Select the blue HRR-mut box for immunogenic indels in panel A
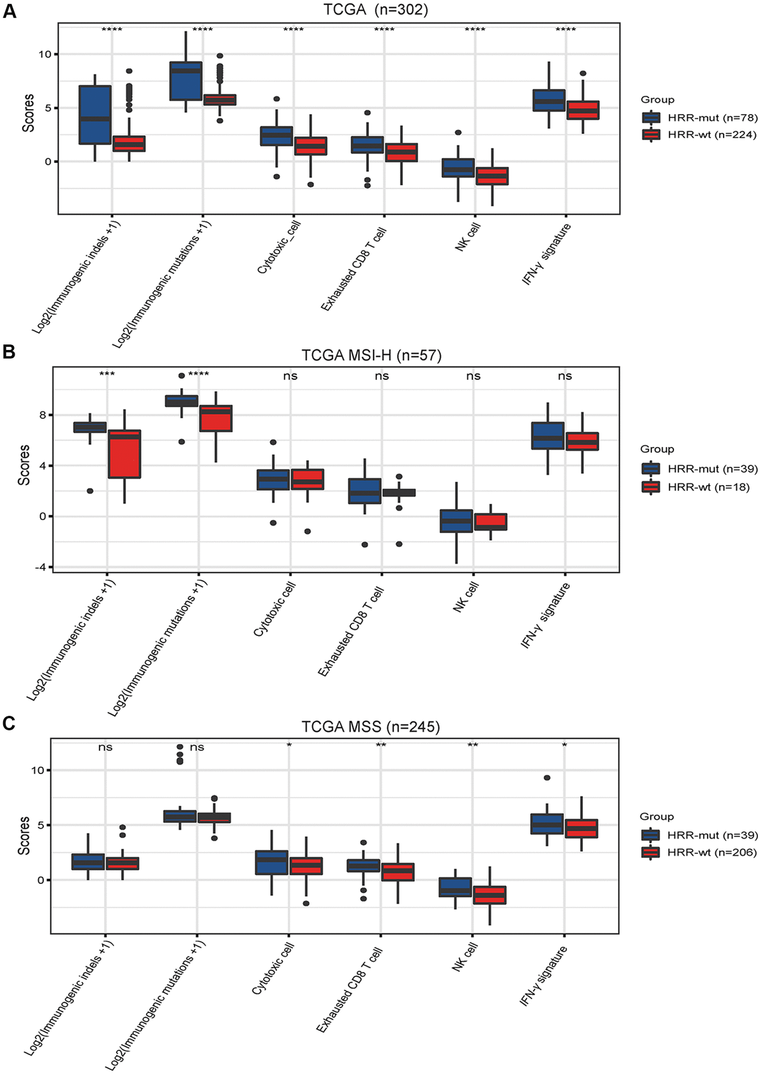tap(94, 115)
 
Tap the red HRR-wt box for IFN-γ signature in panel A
tap(582, 110)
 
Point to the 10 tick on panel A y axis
tap(44, 55)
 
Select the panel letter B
tap(9, 352)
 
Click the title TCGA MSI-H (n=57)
tap(371, 355)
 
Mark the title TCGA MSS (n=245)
tap(370, 727)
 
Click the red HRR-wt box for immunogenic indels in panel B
tap(124, 454)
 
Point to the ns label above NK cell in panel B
tap(473, 376)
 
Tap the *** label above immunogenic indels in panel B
tap(107, 374)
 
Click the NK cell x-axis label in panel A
tap(468, 236)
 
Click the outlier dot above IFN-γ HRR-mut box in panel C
tap(547, 778)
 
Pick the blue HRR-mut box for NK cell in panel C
tap(455, 887)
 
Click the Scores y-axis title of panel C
tap(24, 836)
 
